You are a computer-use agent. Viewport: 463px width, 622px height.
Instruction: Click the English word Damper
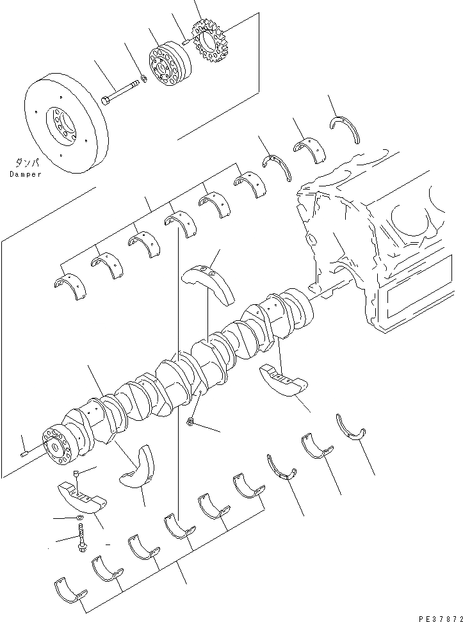pos(26,174)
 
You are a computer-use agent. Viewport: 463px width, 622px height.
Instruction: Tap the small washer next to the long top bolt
pos(145,79)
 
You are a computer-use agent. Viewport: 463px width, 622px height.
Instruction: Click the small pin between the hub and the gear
pos(184,42)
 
